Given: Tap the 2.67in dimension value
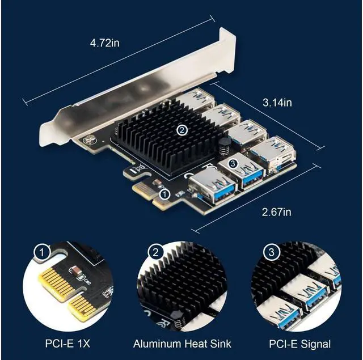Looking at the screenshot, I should pos(276,212).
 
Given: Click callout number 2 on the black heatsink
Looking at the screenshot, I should pos(181,130).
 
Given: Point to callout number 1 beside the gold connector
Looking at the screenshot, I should pos(165,194).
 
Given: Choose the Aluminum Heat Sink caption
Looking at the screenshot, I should pos(182,344).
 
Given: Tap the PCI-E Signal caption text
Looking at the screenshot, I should pos(300,344).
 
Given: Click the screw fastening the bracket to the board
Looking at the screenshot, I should pos(87,138).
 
